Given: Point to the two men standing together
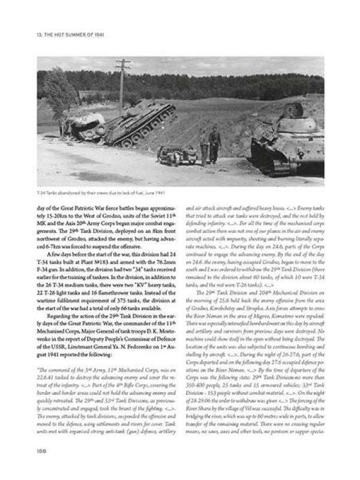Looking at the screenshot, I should tap(210, 145).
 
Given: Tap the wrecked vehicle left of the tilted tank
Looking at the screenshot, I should tap(84, 127).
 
